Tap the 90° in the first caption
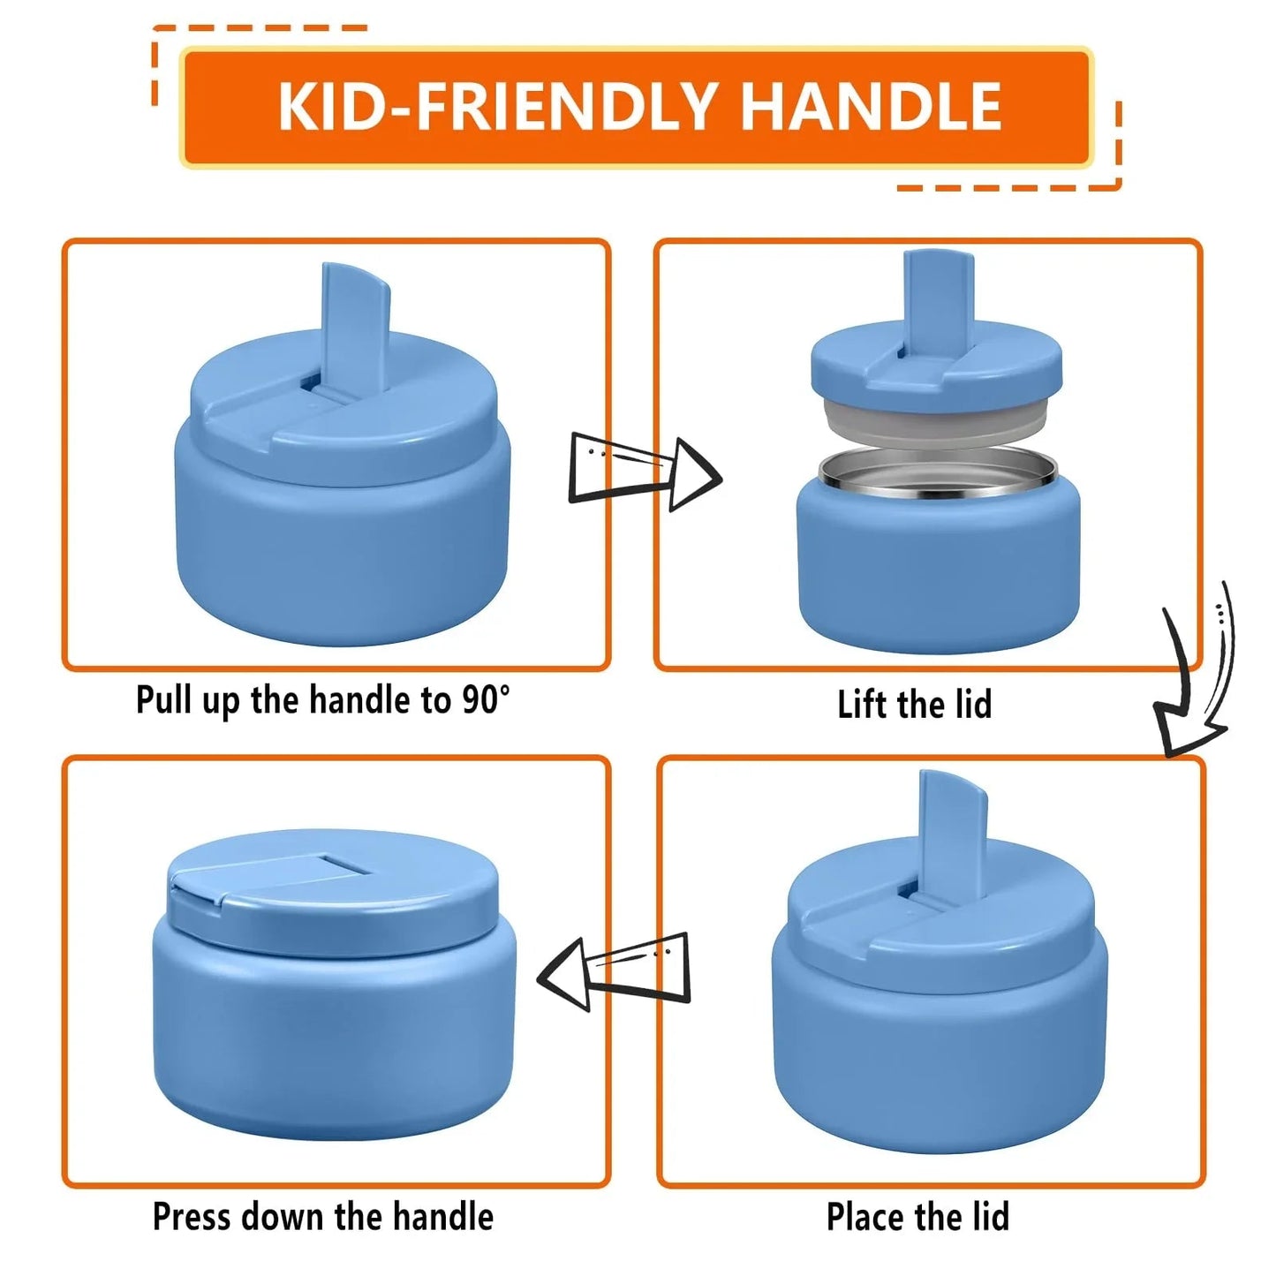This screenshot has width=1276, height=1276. point(485,700)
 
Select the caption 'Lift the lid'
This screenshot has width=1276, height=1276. point(914,705)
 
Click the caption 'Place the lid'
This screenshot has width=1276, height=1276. point(917,1217)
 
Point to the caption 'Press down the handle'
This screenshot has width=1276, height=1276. point(323,1216)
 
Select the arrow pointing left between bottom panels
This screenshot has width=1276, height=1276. point(615,970)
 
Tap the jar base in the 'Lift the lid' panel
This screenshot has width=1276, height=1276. point(938,574)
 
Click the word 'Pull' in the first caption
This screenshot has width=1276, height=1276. point(164,700)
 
